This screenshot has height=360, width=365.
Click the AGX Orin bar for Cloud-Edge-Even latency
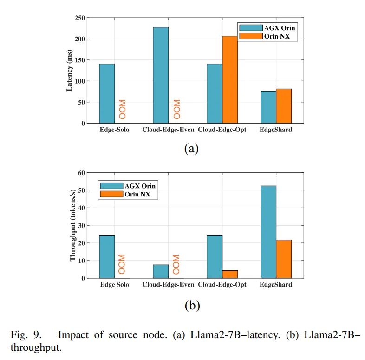(161, 75)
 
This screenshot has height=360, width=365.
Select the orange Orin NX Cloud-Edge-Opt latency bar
(230, 79)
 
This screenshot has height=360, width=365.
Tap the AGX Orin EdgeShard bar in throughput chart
(268, 232)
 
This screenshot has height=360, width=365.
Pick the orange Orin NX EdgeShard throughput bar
(284, 259)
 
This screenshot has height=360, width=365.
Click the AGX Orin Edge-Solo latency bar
(107, 93)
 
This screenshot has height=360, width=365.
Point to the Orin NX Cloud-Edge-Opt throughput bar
(230, 274)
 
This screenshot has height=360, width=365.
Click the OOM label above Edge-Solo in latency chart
(123, 109)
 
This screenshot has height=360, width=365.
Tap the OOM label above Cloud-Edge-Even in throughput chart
(176, 264)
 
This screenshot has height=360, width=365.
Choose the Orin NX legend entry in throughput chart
(127, 195)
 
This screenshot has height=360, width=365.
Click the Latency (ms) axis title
(70, 71)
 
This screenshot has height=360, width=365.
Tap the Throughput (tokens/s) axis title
(73, 225)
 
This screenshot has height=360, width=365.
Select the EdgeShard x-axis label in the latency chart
(276, 130)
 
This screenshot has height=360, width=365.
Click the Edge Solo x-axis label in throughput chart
(114, 284)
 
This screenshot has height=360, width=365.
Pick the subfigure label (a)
(192, 149)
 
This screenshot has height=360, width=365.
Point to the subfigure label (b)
(192, 305)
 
